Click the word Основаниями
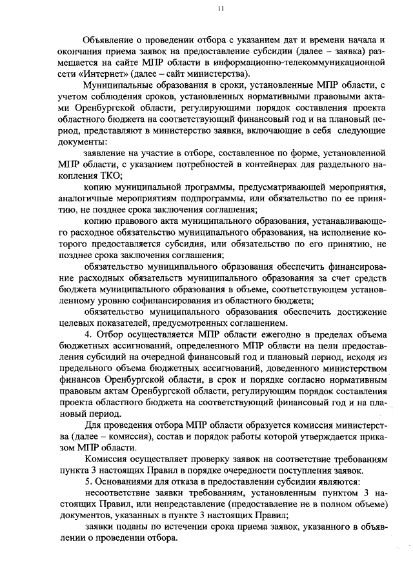(x=129, y=481)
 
